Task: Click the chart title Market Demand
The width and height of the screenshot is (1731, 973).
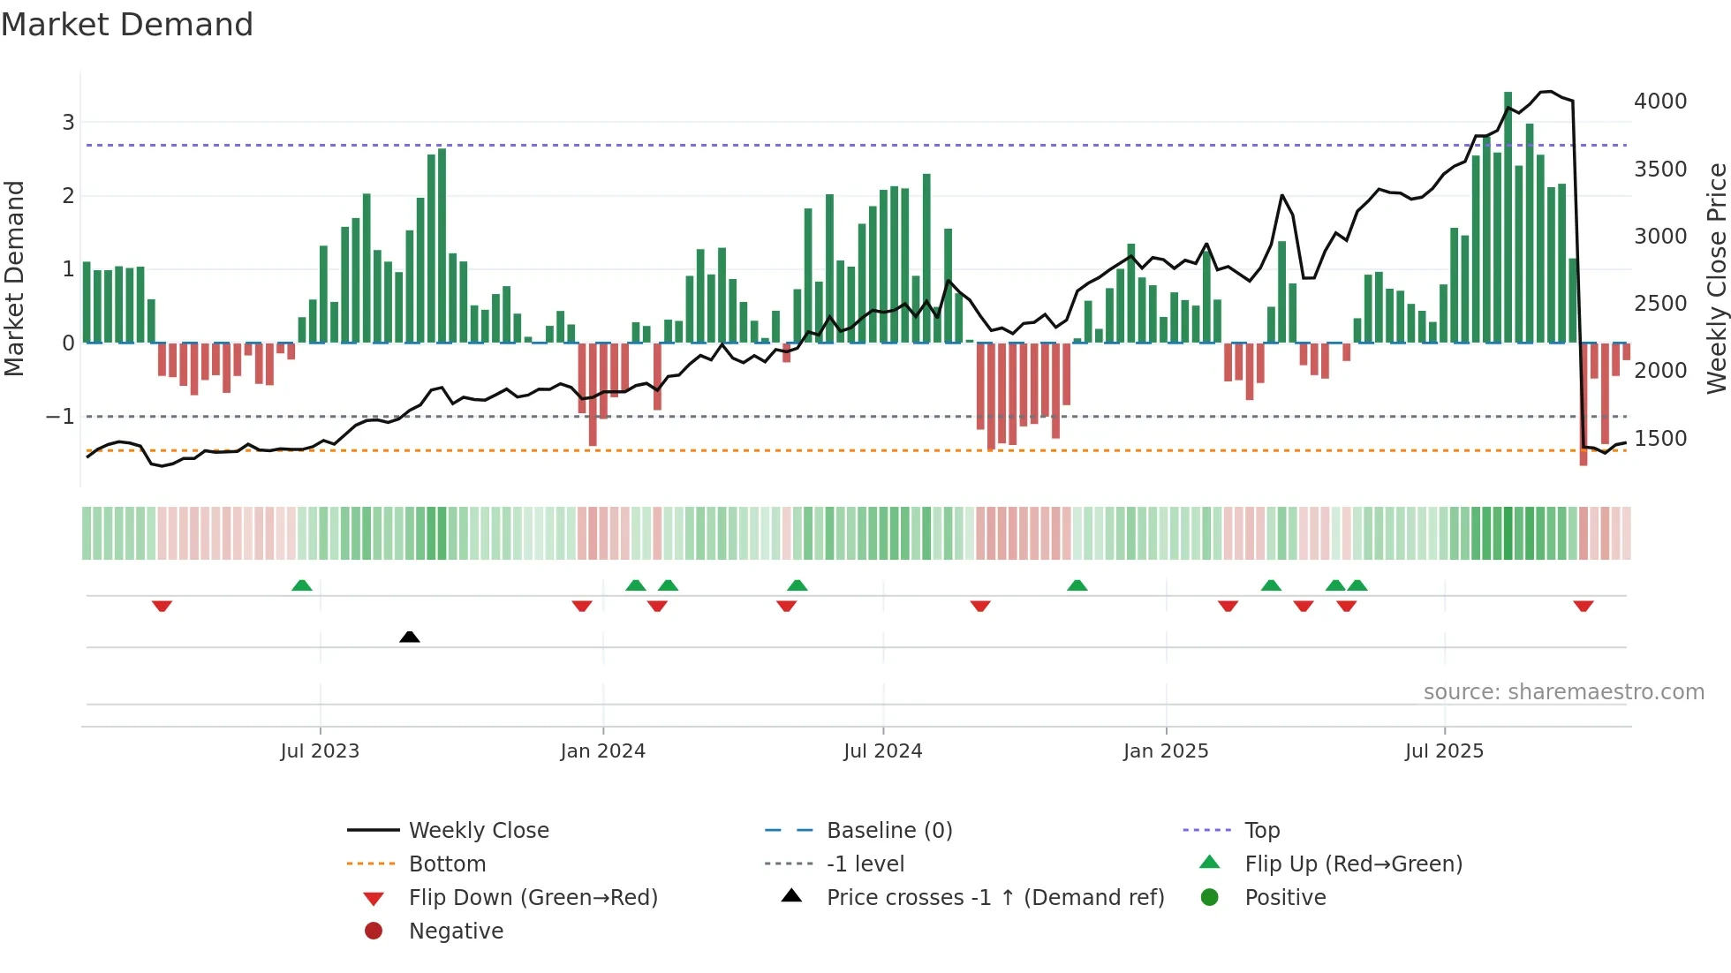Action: coord(127,25)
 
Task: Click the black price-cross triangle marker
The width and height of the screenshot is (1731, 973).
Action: coord(409,637)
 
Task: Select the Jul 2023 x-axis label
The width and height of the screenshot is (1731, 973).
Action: coord(320,751)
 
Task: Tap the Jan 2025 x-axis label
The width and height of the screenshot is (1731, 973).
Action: coord(1166,751)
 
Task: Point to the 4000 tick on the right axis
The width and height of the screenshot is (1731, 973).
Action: coord(1659,102)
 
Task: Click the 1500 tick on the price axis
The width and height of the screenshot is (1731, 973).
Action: coord(1659,439)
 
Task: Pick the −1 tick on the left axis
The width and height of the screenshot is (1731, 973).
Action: coord(60,417)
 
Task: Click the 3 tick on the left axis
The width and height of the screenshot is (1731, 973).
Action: coord(68,123)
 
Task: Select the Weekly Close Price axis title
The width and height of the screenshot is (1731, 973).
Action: coord(1716,278)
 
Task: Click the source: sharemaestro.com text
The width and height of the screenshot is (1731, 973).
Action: coord(1563,692)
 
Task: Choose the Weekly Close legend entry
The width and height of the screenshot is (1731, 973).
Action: coord(478,831)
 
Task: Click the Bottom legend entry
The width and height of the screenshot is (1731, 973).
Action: coord(447,864)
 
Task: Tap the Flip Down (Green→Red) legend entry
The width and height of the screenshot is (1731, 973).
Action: coord(533,898)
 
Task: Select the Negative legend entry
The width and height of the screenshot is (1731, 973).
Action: coord(456,932)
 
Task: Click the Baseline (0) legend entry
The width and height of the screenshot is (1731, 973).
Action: coord(888,831)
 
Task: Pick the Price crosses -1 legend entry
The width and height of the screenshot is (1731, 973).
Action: coord(994,898)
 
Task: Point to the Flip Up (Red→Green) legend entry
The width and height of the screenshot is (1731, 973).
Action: coord(1353,864)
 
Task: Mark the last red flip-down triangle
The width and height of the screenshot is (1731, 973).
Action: coord(1583,606)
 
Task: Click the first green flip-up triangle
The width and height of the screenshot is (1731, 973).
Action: coord(302,585)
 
